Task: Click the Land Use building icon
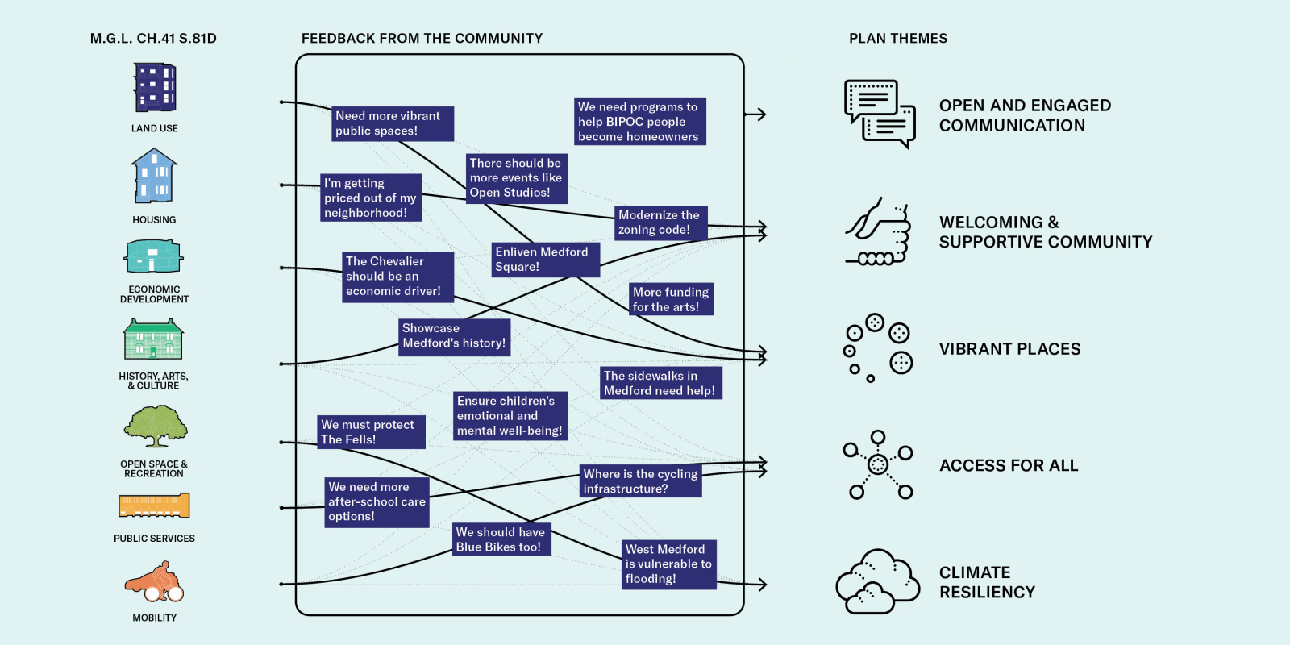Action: [154, 88]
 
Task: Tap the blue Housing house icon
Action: [154, 177]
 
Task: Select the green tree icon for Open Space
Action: [155, 426]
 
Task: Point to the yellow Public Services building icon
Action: [154, 506]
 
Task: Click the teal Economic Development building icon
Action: [154, 257]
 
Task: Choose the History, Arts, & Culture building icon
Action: [153, 339]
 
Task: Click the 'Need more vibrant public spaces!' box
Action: [393, 123]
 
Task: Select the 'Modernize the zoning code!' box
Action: [660, 223]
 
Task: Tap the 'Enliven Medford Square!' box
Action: [545, 260]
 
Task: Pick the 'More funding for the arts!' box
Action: [671, 299]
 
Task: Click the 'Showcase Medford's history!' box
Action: [454, 336]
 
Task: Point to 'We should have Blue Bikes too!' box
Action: [501, 539]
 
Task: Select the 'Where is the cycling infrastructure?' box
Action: [641, 481]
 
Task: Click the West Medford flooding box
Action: [668, 564]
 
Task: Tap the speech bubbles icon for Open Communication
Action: [880, 114]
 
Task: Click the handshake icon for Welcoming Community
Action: [878, 232]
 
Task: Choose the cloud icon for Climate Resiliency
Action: [877, 582]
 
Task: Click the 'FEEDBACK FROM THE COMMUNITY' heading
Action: [422, 39]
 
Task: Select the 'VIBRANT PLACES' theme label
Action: [1009, 349]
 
